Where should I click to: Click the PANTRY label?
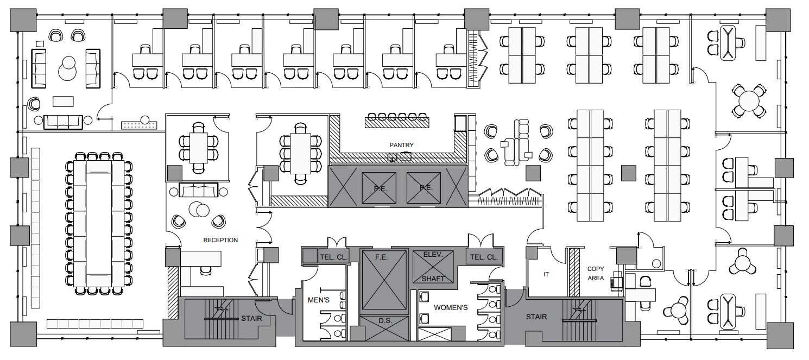click(x=402, y=145)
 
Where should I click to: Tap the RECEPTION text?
click(x=220, y=240)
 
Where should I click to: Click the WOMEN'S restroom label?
click(x=450, y=308)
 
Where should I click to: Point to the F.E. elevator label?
click(x=381, y=256)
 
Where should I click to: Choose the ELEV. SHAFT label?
click(x=433, y=266)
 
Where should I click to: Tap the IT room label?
click(x=546, y=274)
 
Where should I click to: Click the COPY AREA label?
click(x=596, y=273)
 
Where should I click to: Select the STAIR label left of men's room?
click(x=251, y=319)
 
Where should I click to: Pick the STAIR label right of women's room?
click(x=536, y=317)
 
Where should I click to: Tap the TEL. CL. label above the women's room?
click(x=485, y=257)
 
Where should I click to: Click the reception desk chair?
click(x=205, y=269)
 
